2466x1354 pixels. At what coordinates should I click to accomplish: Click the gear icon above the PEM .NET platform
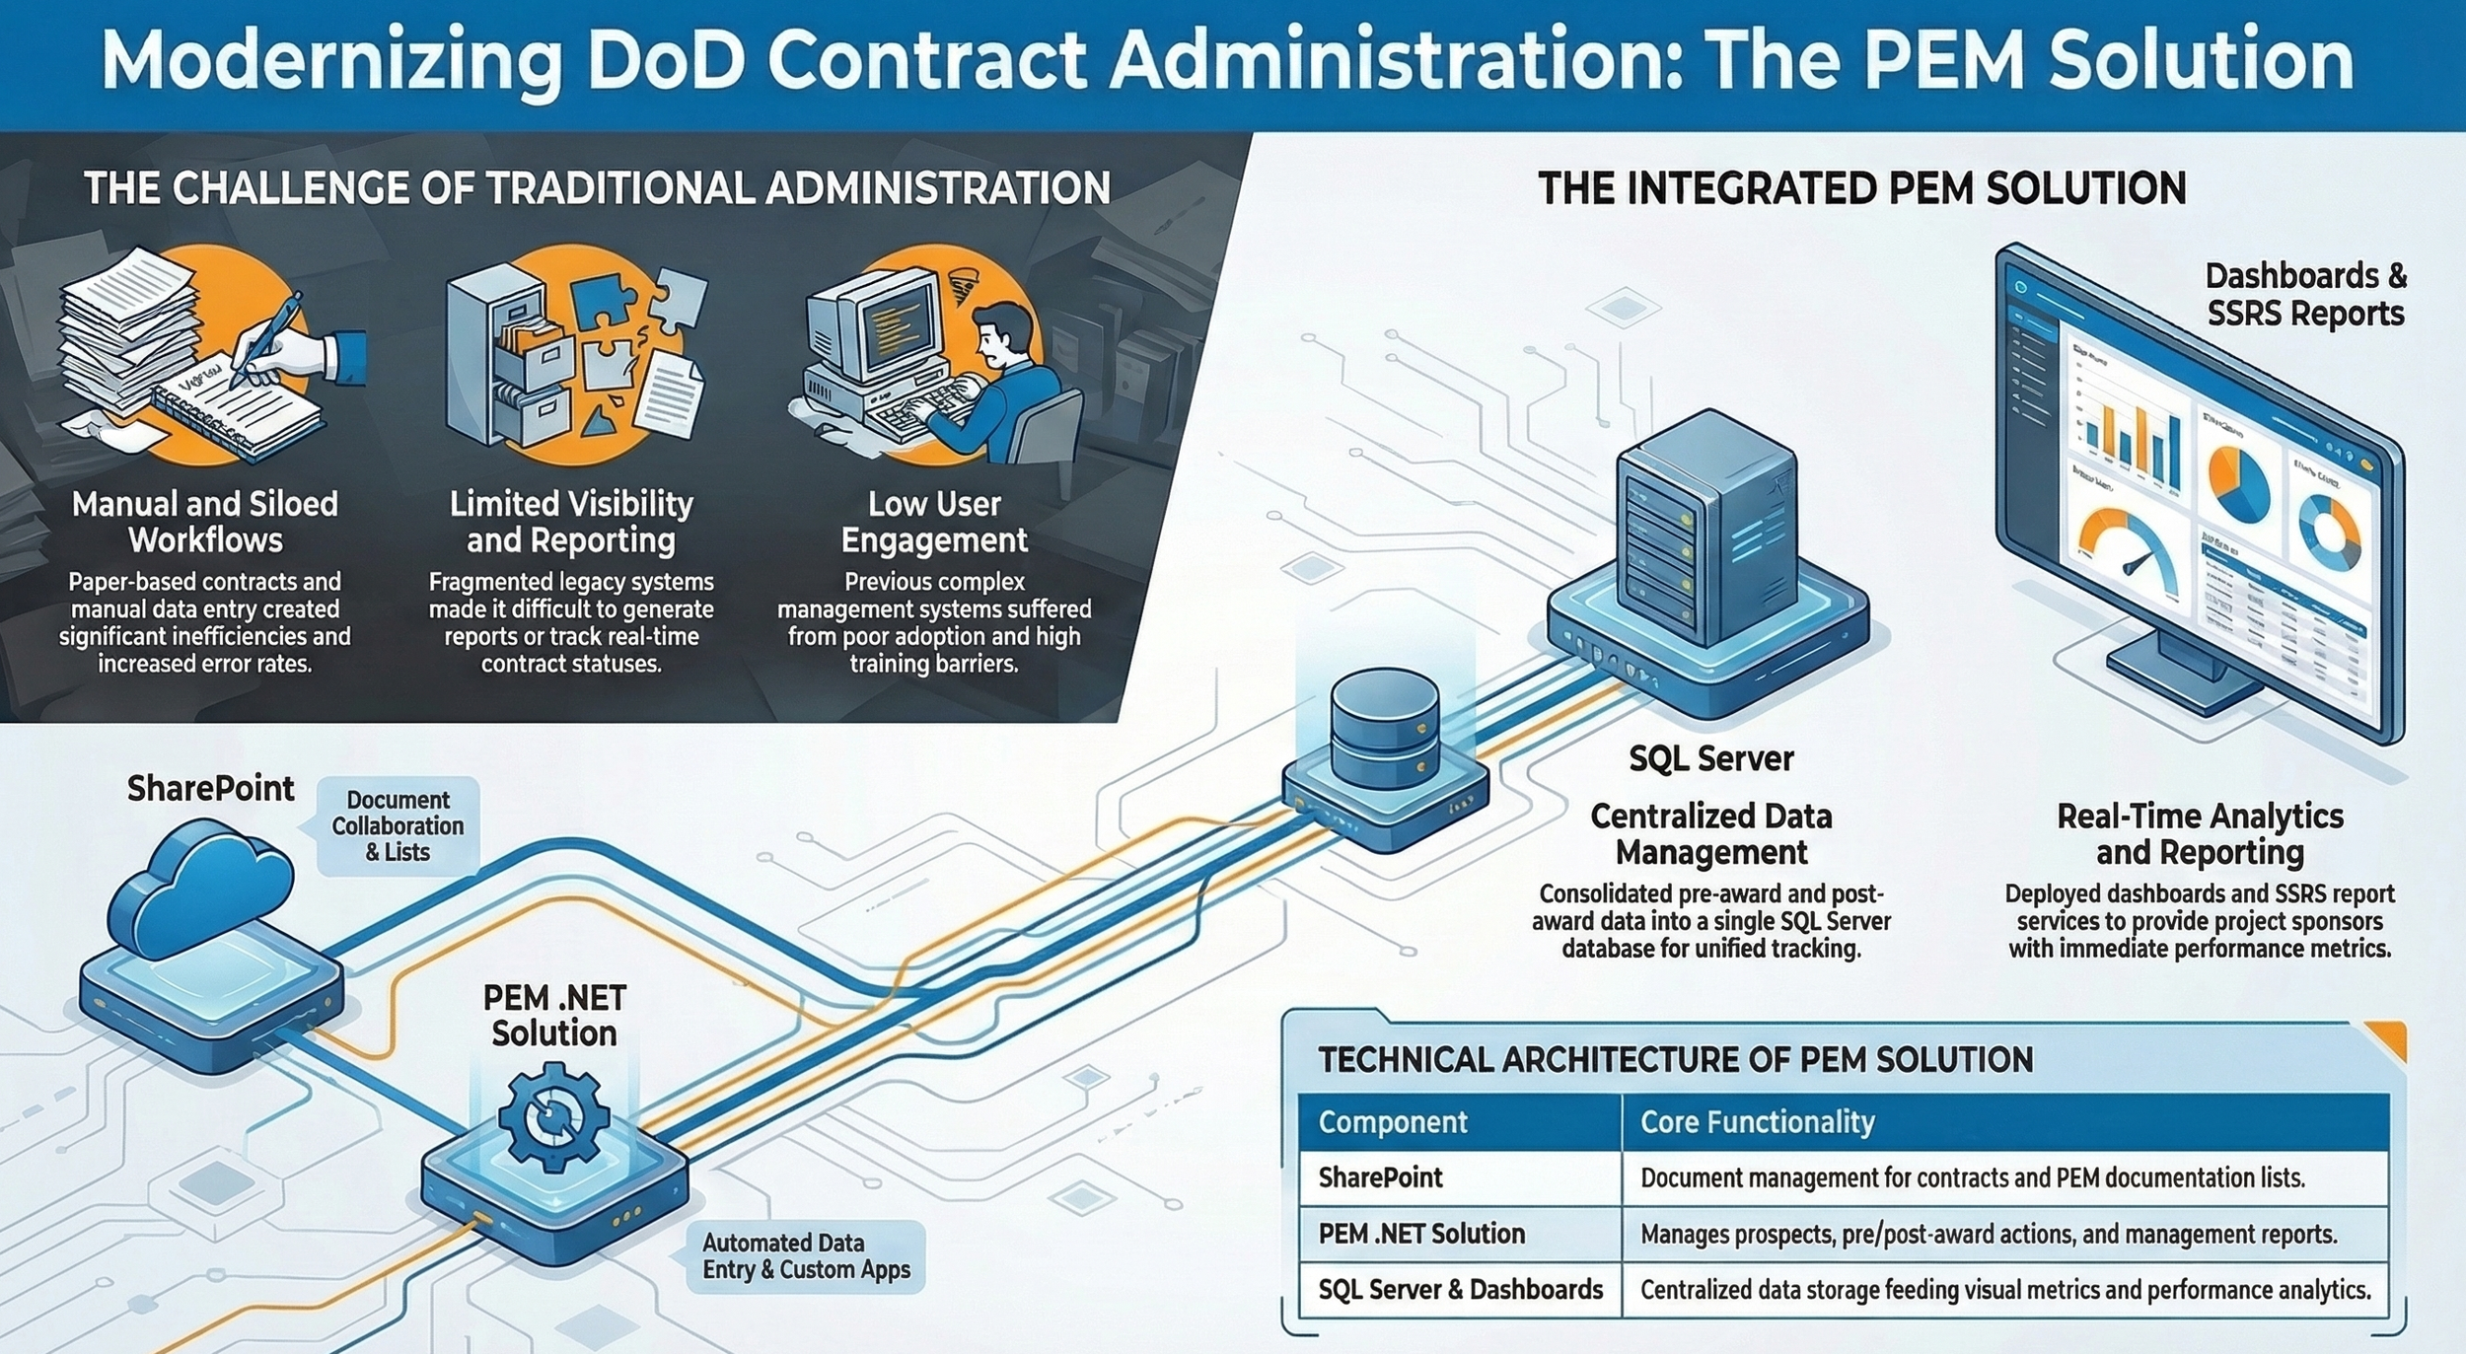[x=553, y=1116]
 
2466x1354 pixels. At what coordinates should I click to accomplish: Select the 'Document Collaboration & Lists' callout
[x=398, y=826]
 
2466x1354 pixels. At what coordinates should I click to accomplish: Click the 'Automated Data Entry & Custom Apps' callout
[x=805, y=1256]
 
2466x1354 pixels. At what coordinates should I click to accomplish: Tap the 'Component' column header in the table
[x=1393, y=1122]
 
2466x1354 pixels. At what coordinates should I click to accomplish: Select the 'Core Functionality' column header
[x=1757, y=1122]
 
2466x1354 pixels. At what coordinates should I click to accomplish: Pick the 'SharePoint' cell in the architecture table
[x=1380, y=1177]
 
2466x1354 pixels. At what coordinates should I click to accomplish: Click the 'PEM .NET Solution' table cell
[x=1421, y=1234]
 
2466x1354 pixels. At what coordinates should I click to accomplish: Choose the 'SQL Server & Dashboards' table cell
[x=1460, y=1290]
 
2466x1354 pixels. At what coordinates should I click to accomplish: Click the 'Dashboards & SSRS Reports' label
[x=2305, y=294]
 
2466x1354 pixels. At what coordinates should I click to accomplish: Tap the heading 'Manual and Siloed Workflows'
[x=205, y=522]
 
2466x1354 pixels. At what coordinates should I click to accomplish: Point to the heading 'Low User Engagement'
[x=934, y=522]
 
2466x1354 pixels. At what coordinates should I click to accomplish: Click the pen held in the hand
[x=266, y=336]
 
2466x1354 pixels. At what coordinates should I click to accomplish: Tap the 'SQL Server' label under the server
[x=1710, y=758]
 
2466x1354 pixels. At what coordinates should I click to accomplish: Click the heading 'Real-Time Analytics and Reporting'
[x=2200, y=833]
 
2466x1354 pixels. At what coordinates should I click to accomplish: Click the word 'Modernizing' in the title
[x=330, y=61]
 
